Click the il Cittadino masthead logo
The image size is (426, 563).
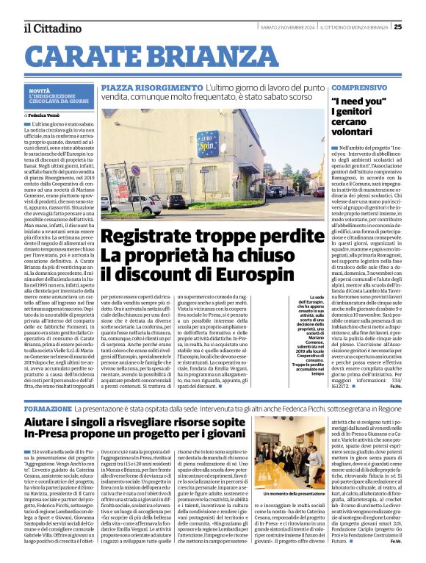pos(51,28)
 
